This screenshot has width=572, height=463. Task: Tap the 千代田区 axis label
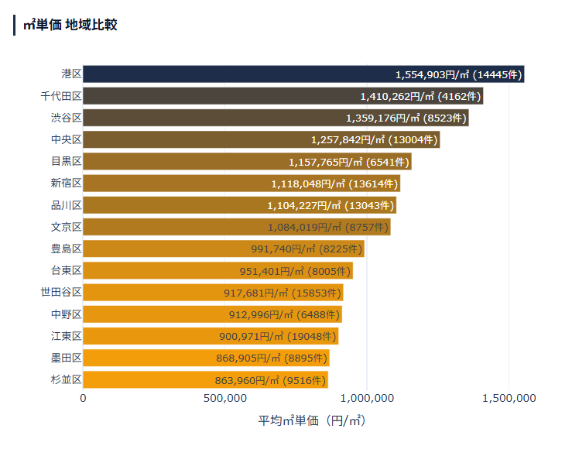[x=61, y=96]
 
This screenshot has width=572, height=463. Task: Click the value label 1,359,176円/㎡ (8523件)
[x=406, y=118]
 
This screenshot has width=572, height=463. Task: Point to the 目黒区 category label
[x=67, y=161]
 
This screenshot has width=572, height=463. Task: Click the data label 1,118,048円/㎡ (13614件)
[x=334, y=183]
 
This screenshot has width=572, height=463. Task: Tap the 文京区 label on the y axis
[x=67, y=227]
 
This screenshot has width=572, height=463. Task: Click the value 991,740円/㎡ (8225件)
[x=307, y=249]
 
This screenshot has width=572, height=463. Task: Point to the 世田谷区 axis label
[x=61, y=292]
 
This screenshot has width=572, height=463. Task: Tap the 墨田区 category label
[x=67, y=358]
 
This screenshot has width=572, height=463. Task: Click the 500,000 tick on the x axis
[x=224, y=398]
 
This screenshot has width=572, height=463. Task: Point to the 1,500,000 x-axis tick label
[x=509, y=398]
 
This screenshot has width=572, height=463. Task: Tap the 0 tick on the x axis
[x=84, y=398]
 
